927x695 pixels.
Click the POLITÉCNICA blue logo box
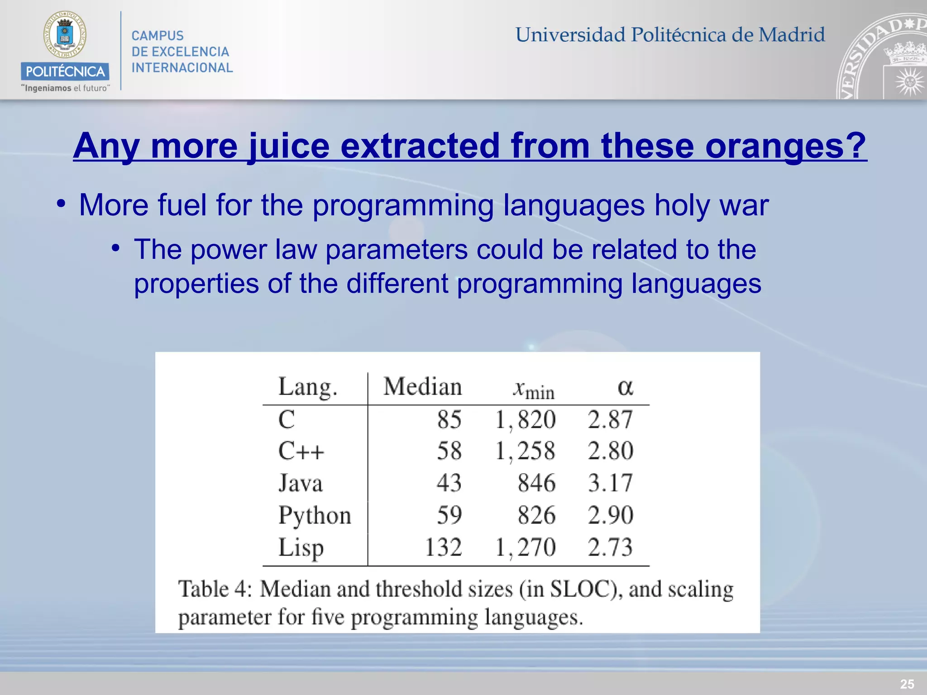(x=65, y=71)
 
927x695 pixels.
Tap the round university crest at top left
(x=65, y=35)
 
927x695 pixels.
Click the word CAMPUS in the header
(x=158, y=36)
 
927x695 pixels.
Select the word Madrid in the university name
(x=792, y=35)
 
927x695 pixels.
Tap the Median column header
(x=422, y=387)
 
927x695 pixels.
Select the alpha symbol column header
(x=625, y=388)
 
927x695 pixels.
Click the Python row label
(x=315, y=515)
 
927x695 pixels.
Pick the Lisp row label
(x=301, y=547)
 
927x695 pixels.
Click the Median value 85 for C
(x=449, y=419)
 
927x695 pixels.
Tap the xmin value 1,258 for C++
(x=525, y=451)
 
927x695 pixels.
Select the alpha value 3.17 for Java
(x=610, y=483)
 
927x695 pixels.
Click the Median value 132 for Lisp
(x=443, y=547)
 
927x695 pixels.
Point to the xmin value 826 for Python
(x=536, y=515)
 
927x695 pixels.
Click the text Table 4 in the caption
(x=215, y=590)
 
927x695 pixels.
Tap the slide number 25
(x=907, y=684)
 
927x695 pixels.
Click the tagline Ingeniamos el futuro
(x=66, y=88)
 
